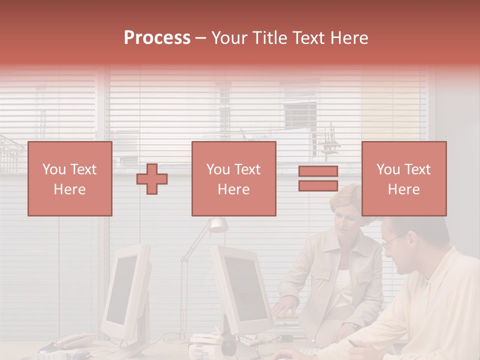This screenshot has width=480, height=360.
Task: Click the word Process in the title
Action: click(157, 38)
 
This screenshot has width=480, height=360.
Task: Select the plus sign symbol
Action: click(152, 179)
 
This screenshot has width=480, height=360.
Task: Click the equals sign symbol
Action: click(318, 178)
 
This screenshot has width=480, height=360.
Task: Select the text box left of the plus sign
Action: click(70, 178)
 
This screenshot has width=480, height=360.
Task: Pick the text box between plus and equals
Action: click(234, 178)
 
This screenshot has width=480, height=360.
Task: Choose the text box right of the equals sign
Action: click(404, 178)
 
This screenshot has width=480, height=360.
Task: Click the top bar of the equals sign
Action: click(318, 171)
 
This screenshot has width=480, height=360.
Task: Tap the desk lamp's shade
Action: click(218, 225)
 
